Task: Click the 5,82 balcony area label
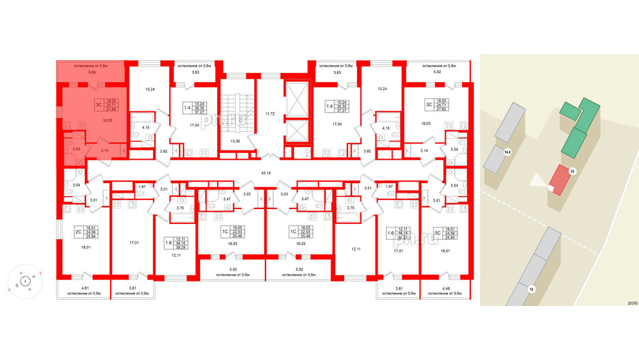[438, 72]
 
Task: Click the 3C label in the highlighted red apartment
[98, 105]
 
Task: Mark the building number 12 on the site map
[530, 290]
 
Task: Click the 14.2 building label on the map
[507, 152]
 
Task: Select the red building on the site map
[558, 180]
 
